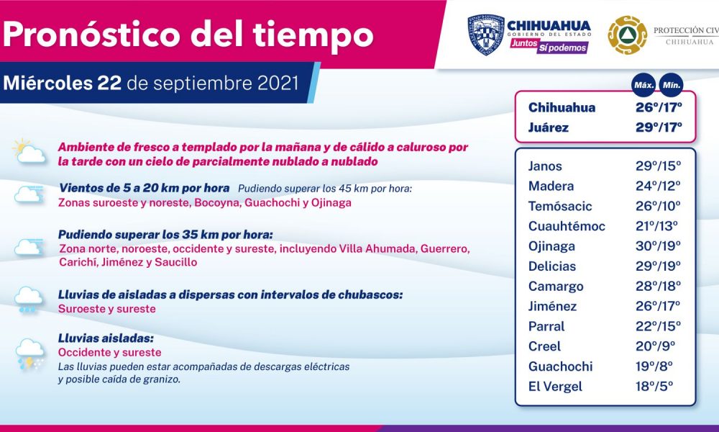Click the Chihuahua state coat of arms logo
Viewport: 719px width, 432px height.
[486, 35]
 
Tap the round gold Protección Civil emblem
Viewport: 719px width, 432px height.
[627, 35]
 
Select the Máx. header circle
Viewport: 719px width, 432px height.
[644, 86]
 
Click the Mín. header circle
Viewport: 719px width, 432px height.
[671, 86]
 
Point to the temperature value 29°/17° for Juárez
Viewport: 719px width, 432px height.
[659, 127]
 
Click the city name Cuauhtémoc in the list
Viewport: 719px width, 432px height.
[567, 226]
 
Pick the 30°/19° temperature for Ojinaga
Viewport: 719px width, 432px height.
[658, 246]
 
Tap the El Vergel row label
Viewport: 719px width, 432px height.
[555, 387]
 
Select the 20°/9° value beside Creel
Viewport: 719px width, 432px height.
[655, 346]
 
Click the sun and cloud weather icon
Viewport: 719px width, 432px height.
[29, 151]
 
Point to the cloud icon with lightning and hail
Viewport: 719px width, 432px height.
[30, 354]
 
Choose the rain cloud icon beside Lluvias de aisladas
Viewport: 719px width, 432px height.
[29, 300]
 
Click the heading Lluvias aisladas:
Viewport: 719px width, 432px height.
[106, 338]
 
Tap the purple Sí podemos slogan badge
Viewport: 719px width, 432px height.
[562, 48]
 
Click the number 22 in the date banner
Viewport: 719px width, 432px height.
[109, 83]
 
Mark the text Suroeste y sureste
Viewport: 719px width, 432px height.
[107, 309]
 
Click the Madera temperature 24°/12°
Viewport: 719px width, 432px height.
[658, 186]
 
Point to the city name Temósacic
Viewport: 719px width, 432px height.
[560, 206]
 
